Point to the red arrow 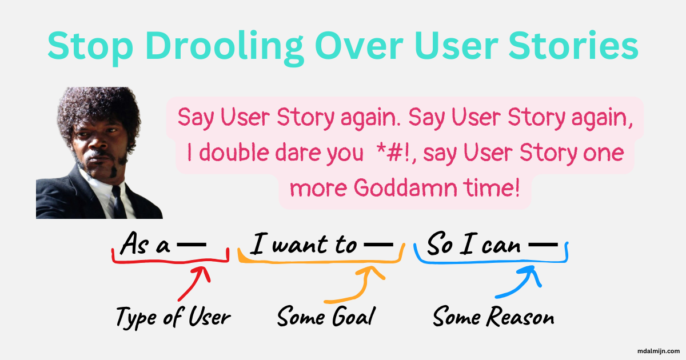pos(194,283)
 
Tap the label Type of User pos(173,316)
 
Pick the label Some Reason pos(493,316)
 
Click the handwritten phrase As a pos(146,245)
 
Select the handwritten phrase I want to pos(304,245)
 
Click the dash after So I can pos(543,245)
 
